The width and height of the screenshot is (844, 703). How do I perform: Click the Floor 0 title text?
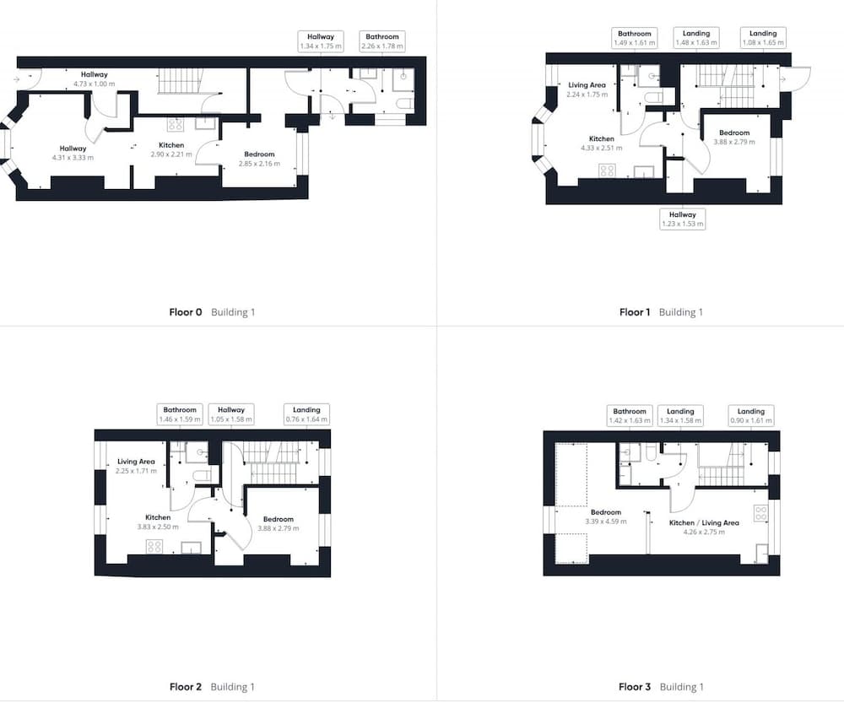pyautogui.click(x=186, y=312)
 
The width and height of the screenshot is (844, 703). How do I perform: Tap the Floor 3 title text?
pyautogui.click(x=635, y=687)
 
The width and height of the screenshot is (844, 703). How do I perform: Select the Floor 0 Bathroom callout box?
pyautogui.click(x=382, y=41)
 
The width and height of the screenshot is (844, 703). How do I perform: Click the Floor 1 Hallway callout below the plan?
pyautogui.click(x=683, y=219)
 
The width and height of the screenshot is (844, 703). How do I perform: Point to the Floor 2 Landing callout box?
pyautogui.click(x=306, y=414)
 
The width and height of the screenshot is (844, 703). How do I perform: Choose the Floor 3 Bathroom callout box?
pyautogui.click(x=630, y=415)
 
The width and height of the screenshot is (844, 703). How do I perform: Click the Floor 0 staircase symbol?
pyautogui.click(x=179, y=81)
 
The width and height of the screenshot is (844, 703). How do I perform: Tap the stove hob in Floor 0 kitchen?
pyautogui.click(x=176, y=125)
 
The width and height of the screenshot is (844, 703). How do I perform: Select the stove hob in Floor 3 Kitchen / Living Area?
pyautogui.click(x=760, y=513)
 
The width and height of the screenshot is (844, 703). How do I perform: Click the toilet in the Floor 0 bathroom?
pyautogui.click(x=404, y=103)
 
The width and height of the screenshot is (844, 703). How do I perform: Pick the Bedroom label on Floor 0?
pyautogui.click(x=259, y=154)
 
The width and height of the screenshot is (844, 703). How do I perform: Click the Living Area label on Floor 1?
pyautogui.click(x=587, y=85)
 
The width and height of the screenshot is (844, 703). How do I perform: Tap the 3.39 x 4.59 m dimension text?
pyautogui.click(x=605, y=522)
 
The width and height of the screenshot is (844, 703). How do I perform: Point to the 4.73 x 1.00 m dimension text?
pyautogui.click(x=95, y=84)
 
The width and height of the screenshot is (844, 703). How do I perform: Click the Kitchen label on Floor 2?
pyautogui.click(x=158, y=517)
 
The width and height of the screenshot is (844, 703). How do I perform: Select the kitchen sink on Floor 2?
pyautogui.click(x=191, y=548)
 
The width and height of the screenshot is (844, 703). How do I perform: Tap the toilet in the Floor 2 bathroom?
pyautogui.click(x=202, y=476)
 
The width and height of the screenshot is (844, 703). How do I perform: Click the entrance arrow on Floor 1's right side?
pyautogui.click(x=783, y=79)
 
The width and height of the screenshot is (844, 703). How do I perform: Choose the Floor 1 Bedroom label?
pyautogui.click(x=734, y=132)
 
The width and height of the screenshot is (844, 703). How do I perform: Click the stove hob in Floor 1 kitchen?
pyautogui.click(x=607, y=171)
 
